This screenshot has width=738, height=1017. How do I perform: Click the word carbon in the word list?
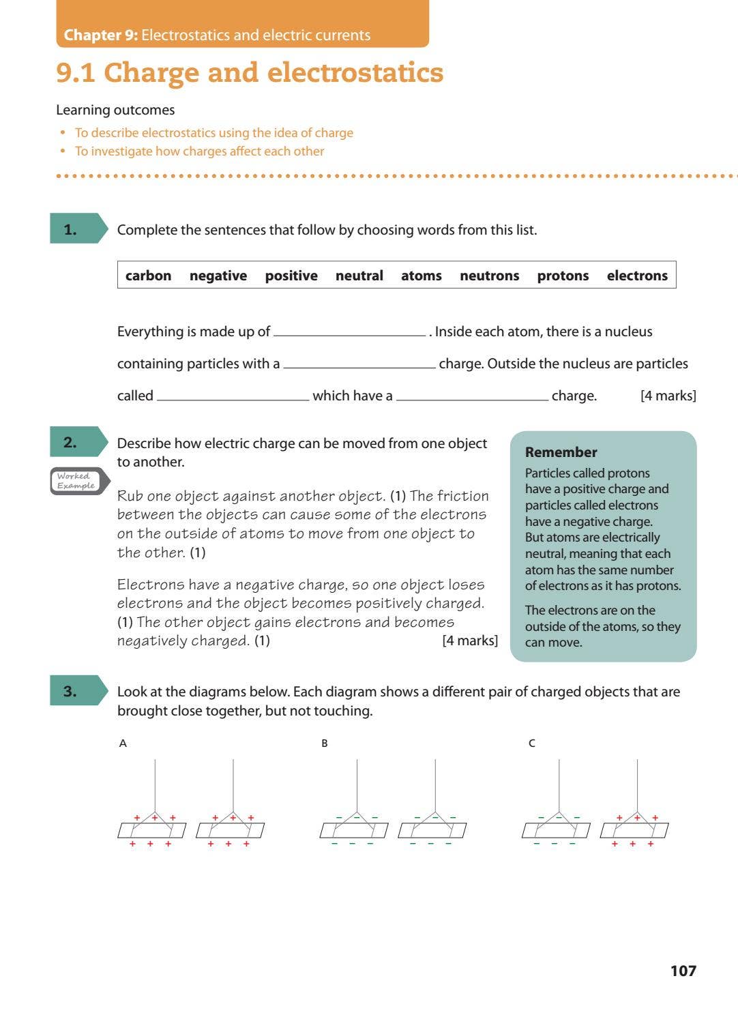pyautogui.click(x=148, y=276)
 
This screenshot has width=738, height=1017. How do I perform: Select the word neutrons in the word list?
pyautogui.click(x=489, y=276)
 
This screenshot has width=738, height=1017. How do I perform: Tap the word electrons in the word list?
pyautogui.click(x=637, y=276)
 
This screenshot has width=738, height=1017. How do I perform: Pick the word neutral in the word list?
pyautogui.click(x=359, y=276)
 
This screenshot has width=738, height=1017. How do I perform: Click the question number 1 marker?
pyautogui.click(x=71, y=229)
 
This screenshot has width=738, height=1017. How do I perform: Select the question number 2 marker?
pyautogui.click(x=71, y=442)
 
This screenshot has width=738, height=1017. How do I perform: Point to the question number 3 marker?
pyautogui.click(x=71, y=691)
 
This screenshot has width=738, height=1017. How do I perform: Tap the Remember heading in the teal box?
pyautogui.click(x=561, y=452)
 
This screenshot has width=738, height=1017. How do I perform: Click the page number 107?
pyautogui.click(x=683, y=971)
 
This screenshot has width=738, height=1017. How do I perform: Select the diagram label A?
pyautogui.click(x=123, y=743)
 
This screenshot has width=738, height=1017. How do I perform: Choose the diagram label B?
pyautogui.click(x=325, y=743)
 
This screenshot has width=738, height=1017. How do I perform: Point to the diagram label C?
pyautogui.click(x=532, y=743)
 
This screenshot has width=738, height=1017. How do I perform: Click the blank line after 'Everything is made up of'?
pyautogui.click(x=349, y=333)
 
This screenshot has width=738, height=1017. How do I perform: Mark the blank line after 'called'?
pyautogui.click(x=233, y=397)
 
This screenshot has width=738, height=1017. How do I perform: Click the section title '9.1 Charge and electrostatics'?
pyautogui.click(x=250, y=72)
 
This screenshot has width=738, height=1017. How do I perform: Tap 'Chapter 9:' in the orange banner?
pyautogui.click(x=101, y=35)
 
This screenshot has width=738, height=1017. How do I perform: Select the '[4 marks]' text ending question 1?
pyautogui.click(x=668, y=396)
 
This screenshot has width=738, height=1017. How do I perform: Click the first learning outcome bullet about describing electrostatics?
pyautogui.click(x=213, y=133)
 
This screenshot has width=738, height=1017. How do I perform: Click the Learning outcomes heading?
pyautogui.click(x=115, y=110)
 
